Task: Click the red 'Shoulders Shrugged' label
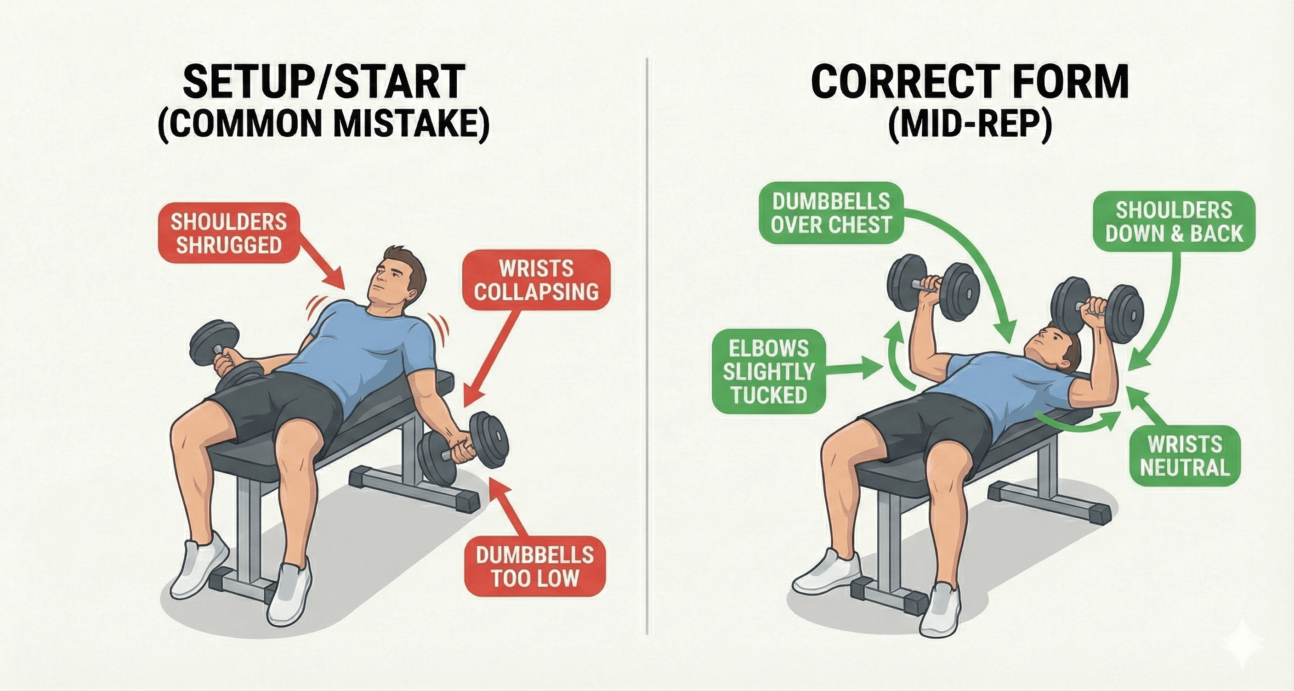tap(229, 233)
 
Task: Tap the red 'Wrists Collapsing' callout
tap(536, 280)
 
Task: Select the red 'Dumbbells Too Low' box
tap(535, 566)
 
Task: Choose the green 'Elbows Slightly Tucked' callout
tap(769, 372)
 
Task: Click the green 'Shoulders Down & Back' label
tap(1174, 222)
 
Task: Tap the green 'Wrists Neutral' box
tap(1184, 456)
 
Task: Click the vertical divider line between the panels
tap(647, 351)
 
